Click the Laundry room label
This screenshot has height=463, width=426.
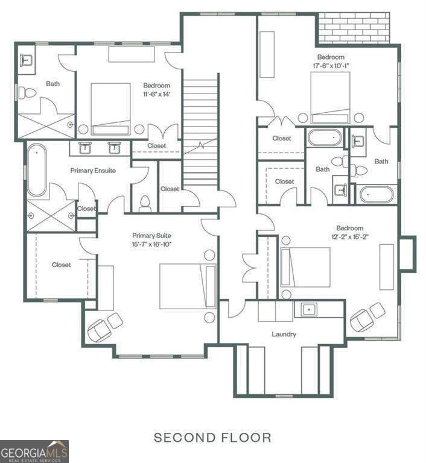coord(284,334)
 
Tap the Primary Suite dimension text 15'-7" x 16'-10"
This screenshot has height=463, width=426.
coord(151,245)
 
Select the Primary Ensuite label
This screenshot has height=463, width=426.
coord(93,171)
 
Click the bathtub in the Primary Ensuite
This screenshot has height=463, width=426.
coord(37,170)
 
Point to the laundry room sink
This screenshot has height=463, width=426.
coord(309,310)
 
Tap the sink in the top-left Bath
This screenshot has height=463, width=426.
coord(27,60)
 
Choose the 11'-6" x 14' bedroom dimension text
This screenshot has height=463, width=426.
coord(157,94)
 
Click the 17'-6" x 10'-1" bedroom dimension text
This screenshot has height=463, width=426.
coord(331,66)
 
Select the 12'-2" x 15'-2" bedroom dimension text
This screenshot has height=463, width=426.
coord(350,237)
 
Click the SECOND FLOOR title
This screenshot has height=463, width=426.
coord(212,438)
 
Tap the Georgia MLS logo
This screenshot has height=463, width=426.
coord(34,452)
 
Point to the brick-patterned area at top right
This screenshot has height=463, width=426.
coord(354,29)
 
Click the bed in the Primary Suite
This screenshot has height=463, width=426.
coord(188,286)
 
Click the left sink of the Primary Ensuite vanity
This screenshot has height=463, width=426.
coord(85,148)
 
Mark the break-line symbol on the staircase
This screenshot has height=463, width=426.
coord(201,145)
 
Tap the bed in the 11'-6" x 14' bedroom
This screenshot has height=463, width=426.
coord(110,109)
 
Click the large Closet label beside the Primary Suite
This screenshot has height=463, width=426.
coord(61,265)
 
